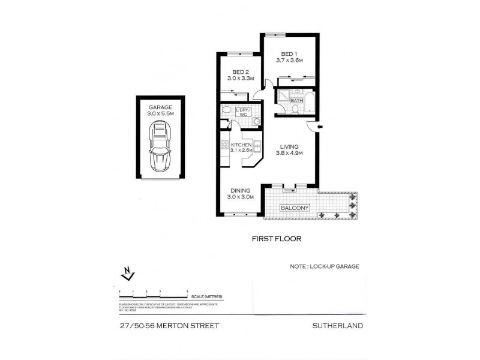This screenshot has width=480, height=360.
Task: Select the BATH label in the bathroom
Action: click(x=296, y=101)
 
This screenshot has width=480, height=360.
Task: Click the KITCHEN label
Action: click(x=241, y=145)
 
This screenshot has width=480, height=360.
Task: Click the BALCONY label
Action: click(x=295, y=208)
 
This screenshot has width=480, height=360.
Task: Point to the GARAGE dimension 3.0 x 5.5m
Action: click(x=160, y=113)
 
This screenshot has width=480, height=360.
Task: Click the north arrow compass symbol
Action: click(x=126, y=274)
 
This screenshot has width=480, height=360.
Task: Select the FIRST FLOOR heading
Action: click(x=275, y=238)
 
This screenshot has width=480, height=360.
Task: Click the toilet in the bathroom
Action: click(x=296, y=109)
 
